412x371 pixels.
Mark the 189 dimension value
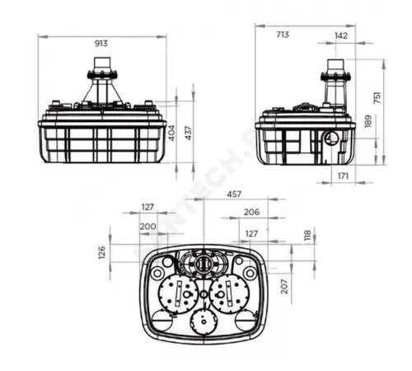(x=368, y=122)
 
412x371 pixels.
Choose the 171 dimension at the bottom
(x=343, y=176)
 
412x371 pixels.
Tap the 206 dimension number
(x=252, y=211)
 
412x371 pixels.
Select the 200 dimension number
(x=147, y=226)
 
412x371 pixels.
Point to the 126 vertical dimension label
(x=103, y=252)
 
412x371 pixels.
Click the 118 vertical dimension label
(x=307, y=237)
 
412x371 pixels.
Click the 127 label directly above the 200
(x=147, y=208)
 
